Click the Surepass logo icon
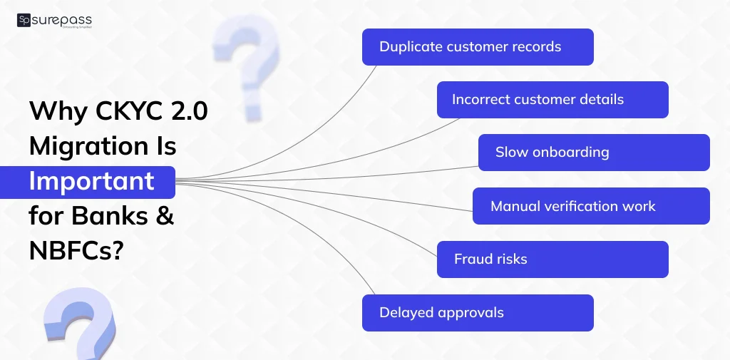point(24,21)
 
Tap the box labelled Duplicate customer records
point(478,47)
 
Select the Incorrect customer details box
point(552,100)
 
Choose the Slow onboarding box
point(594,153)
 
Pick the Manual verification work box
point(591,206)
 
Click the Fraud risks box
point(552,259)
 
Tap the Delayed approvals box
point(478,313)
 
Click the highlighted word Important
point(92,181)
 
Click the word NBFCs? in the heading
point(76,251)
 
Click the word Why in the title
point(58,112)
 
